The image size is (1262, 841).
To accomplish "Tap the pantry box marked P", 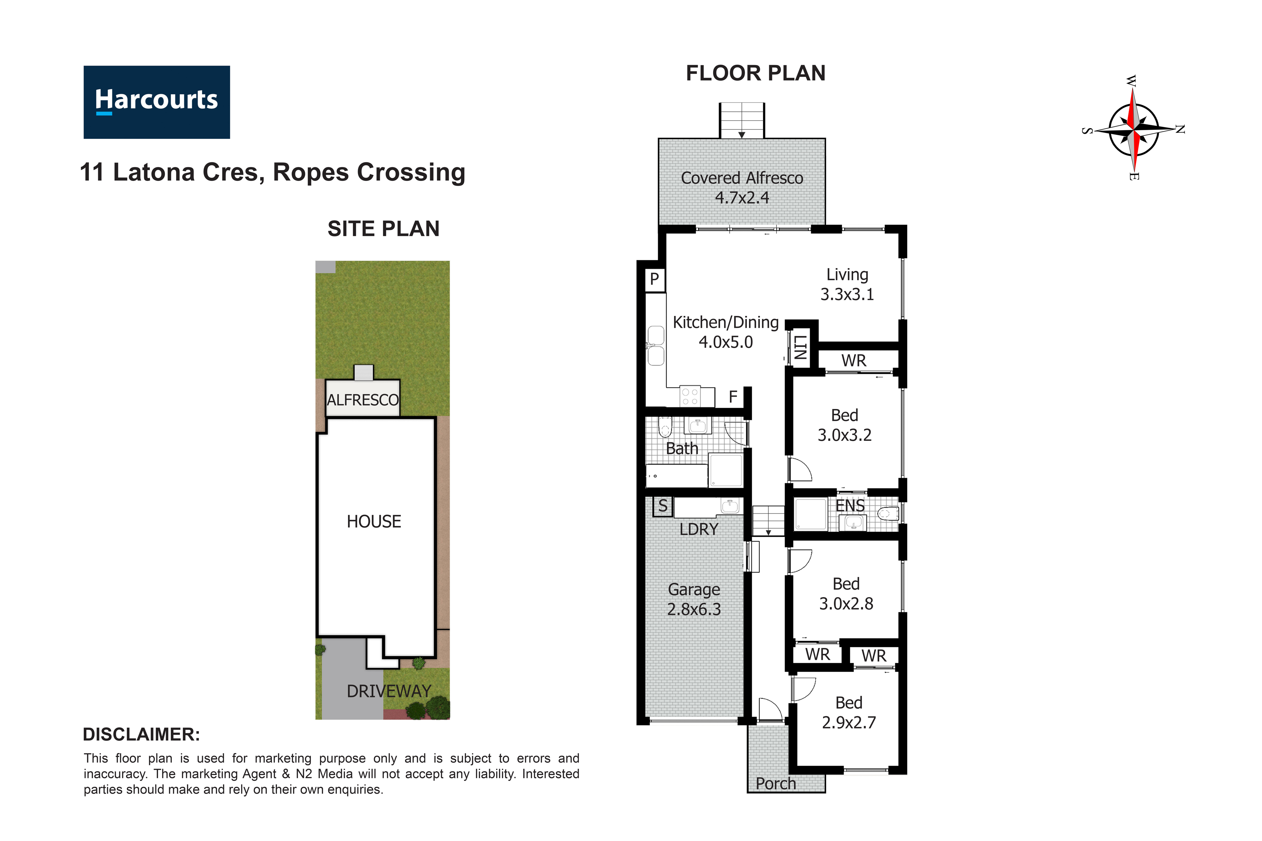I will (x=654, y=279).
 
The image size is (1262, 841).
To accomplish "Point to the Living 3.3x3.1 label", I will (x=847, y=284).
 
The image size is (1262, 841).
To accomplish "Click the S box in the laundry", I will (x=663, y=506).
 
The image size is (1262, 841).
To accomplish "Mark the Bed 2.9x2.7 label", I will (x=848, y=712).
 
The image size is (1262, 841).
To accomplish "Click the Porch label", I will (x=775, y=784).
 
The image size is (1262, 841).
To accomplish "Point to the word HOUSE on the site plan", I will (x=374, y=521).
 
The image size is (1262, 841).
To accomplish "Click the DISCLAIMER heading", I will (x=141, y=734).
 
